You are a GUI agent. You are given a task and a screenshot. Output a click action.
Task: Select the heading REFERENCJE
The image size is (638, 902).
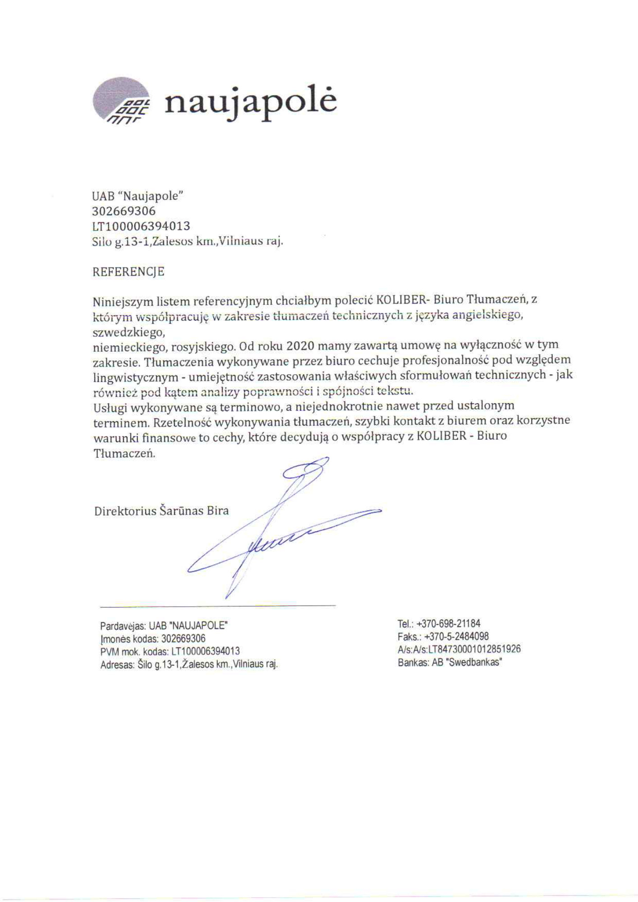(129, 272)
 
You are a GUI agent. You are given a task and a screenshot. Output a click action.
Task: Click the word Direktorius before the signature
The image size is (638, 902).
(125, 511)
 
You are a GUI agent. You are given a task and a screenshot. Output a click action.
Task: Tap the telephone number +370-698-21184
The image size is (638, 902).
(448, 624)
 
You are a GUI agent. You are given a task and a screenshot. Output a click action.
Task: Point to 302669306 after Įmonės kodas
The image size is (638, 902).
(183, 639)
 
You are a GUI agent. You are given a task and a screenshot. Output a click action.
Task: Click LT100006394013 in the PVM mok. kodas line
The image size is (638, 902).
(206, 651)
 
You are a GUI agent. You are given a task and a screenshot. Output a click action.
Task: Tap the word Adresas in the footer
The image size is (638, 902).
(116, 664)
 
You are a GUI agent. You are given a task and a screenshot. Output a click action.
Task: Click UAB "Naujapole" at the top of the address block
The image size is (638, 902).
(138, 196)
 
